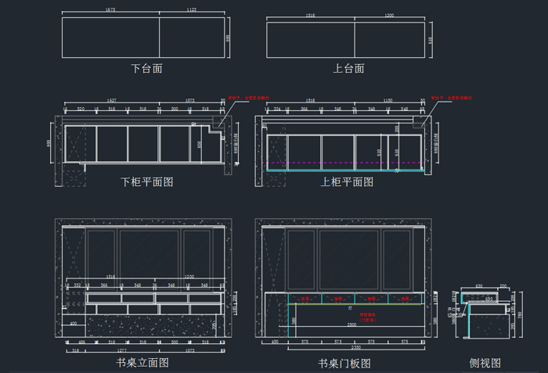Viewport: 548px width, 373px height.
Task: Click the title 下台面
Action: click(146, 69)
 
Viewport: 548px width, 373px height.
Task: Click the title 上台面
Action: click(348, 69)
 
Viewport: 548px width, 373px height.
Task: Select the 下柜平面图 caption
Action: click(146, 182)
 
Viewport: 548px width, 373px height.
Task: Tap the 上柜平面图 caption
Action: click(347, 182)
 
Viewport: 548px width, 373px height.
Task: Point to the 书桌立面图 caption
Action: click(142, 363)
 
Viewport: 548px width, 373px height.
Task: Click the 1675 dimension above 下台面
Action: click(110, 10)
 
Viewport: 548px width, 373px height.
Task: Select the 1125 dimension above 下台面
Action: click(191, 10)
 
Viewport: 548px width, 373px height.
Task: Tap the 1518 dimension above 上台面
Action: click(310, 15)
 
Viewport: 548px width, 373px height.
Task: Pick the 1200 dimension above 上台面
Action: click(389, 15)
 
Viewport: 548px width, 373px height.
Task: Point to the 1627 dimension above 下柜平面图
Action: click(112, 100)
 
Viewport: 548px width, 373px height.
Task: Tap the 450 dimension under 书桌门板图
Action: click(275, 343)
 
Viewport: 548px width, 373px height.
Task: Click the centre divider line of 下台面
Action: click(160, 37)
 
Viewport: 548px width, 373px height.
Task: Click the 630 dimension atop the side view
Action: click(478, 286)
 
